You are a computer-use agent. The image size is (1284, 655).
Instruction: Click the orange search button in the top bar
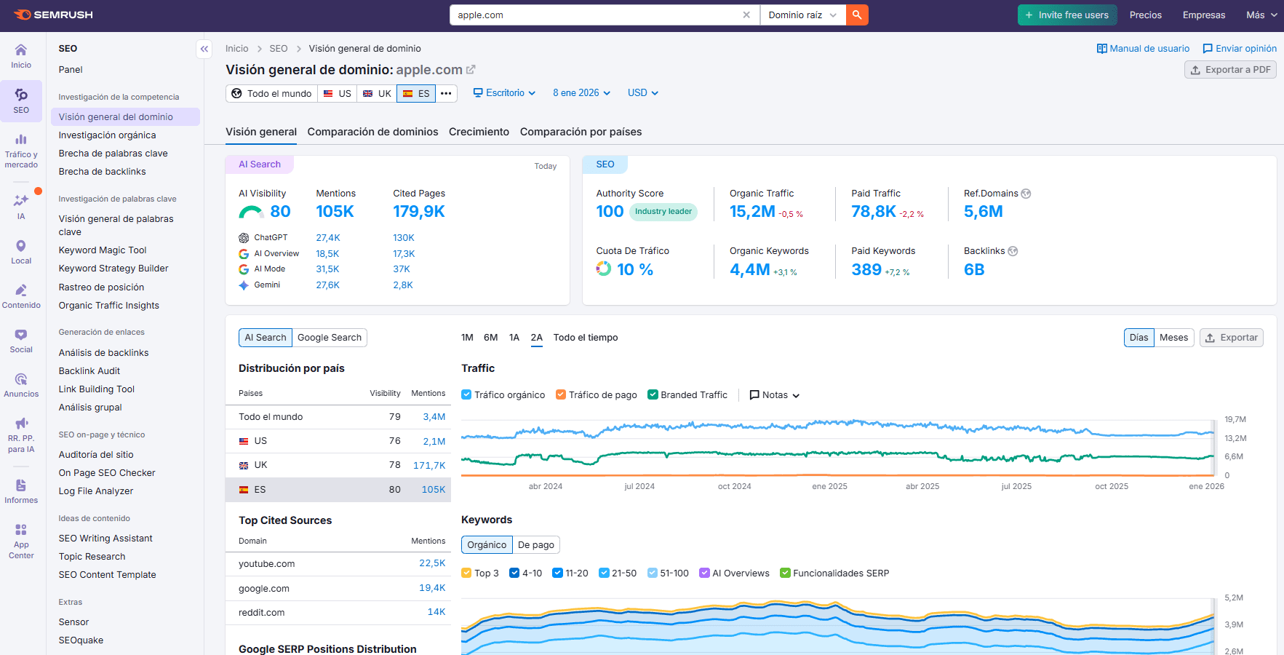click(857, 15)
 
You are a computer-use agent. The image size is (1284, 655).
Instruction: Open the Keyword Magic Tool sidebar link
click(103, 250)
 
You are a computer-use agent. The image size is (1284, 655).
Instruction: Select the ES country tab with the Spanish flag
click(416, 93)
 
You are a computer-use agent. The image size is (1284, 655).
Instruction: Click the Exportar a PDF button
click(1230, 70)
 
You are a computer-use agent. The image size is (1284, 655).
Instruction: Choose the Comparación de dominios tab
click(372, 132)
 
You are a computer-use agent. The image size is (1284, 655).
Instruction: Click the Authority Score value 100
click(610, 212)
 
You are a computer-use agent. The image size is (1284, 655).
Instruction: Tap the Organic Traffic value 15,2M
click(752, 212)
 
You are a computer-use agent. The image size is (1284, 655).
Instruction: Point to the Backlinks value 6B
click(973, 270)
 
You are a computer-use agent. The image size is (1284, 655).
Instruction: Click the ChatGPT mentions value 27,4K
click(327, 238)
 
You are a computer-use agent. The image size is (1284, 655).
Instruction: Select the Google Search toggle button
click(329, 338)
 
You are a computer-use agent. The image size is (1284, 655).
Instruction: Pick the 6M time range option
click(490, 338)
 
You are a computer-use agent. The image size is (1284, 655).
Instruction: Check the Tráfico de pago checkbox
click(561, 395)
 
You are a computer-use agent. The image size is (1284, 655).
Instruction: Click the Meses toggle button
click(1173, 338)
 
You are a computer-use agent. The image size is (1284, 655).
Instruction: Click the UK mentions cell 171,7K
click(429, 466)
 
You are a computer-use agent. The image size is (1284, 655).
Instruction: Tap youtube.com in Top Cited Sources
click(266, 564)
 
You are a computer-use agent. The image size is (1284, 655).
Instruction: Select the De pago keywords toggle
click(535, 545)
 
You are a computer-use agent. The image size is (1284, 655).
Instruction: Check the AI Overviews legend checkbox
click(704, 573)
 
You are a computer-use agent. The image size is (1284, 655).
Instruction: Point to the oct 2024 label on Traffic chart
click(734, 486)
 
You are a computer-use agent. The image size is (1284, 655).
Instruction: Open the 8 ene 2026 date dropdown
click(581, 93)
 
